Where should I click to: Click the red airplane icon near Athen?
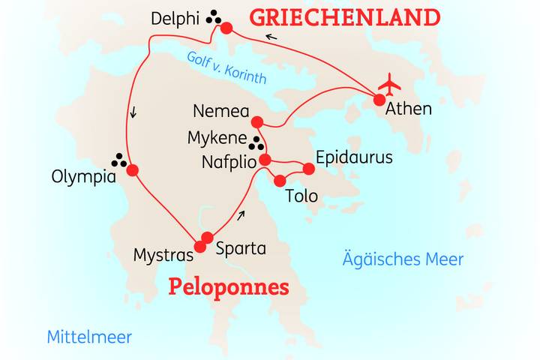pos(390,82)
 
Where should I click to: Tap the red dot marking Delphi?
pos(226,29)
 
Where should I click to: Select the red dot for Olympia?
pos(133,170)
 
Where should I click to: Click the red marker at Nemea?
pos(257,122)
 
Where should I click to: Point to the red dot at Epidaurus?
pos(307,169)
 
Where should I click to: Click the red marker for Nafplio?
pos(264,160)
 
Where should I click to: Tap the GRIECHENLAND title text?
pos(344,16)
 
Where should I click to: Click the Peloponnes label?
pos(229,286)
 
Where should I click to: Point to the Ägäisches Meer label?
pos(403,259)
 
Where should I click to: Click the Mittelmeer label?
pos(89,337)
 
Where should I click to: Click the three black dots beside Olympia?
pos(118,159)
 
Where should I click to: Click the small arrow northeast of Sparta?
pos(240,215)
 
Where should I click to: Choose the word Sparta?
pos(240,247)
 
